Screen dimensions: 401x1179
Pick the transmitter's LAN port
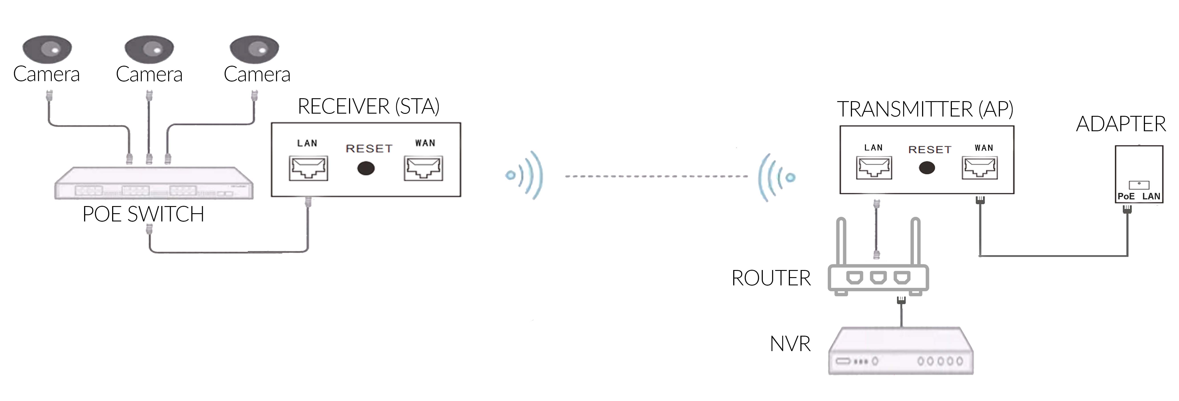[874, 168]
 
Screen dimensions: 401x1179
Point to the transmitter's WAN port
[979, 168]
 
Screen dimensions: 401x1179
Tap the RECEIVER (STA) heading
[368, 106]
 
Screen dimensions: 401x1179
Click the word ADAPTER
[1120, 124]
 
